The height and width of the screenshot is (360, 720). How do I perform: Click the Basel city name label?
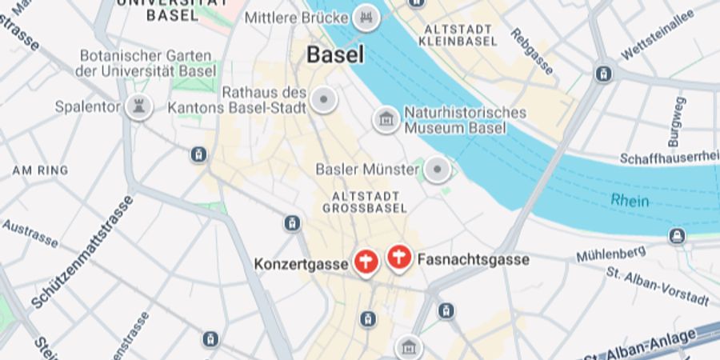coord(335,55)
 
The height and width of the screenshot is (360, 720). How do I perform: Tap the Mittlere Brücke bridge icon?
coord(367,18)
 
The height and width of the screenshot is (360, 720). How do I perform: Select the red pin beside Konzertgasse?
coord(366,262)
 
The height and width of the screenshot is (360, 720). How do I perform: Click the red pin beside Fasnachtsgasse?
coord(398,258)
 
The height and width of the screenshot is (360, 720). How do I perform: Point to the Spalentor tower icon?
coord(138,106)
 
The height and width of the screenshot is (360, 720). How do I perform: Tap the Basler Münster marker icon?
coord(437,170)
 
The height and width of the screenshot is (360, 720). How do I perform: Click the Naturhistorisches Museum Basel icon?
coord(386,120)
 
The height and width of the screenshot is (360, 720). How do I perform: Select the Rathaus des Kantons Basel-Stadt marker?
coord(324,100)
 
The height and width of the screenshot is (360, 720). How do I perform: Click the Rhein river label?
coord(630,201)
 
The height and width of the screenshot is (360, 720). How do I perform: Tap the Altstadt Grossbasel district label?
coord(359,202)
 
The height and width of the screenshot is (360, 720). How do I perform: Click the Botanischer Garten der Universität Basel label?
coord(146,63)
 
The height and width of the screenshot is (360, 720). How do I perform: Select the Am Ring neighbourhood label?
coord(40,170)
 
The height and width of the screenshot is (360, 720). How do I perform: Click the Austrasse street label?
coord(30,233)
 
